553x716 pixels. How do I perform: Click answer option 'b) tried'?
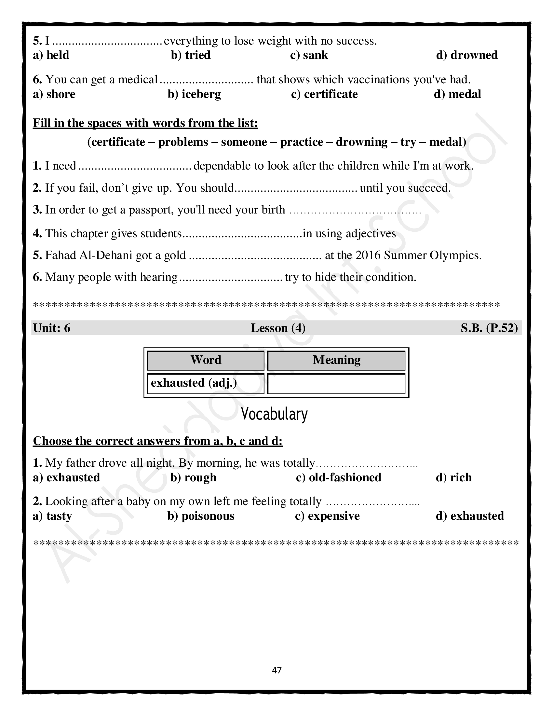(x=191, y=55)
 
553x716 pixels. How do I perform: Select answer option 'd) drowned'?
(x=467, y=55)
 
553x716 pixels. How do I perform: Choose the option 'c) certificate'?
(x=324, y=94)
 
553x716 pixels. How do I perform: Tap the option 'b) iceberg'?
(x=194, y=94)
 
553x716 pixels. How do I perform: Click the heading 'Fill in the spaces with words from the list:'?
(x=145, y=123)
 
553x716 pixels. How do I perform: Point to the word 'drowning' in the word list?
(x=362, y=142)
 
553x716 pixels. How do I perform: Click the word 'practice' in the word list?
(x=302, y=142)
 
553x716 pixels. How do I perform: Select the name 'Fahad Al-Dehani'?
(x=88, y=255)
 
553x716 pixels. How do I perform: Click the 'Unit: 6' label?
(x=52, y=328)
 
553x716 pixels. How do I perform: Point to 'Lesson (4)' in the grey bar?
(x=278, y=328)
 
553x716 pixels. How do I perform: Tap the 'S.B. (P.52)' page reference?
(x=489, y=328)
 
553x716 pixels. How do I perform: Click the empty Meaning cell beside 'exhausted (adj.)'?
(x=336, y=384)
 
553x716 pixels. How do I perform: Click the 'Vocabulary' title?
(x=275, y=414)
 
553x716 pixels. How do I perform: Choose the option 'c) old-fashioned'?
(x=338, y=478)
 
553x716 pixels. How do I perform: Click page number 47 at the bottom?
(x=277, y=670)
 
